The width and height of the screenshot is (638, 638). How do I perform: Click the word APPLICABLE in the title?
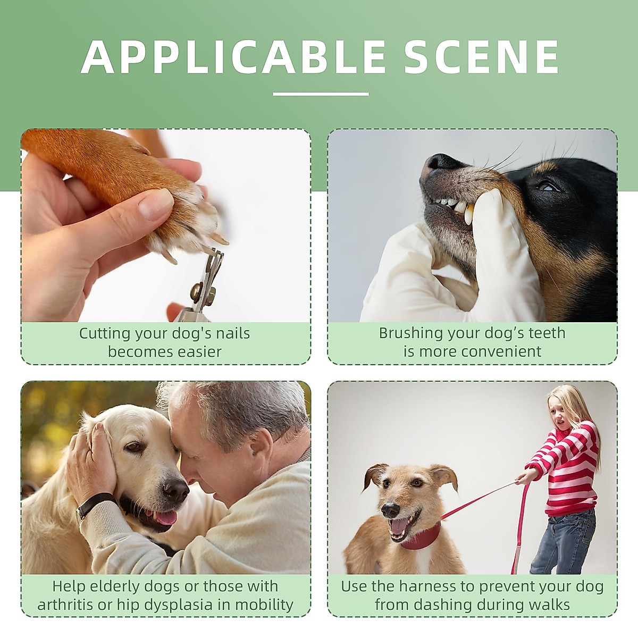[233, 57]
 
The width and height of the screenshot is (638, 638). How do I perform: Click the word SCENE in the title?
[482, 57]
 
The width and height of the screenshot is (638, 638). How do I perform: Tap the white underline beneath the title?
[321, 94]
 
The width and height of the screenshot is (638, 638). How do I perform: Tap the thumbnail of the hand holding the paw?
[156, 204]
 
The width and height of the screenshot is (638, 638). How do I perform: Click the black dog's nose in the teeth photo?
[440, 161]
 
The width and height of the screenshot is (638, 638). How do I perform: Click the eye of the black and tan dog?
[547, 187]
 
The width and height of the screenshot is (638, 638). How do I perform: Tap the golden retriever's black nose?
[175, 488]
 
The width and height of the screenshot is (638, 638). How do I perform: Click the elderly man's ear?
[263, 443]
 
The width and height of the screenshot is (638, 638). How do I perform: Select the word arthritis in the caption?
[65, 605]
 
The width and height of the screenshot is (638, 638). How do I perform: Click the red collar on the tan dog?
[423, 537]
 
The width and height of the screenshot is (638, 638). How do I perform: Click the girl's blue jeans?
[564, 540]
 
